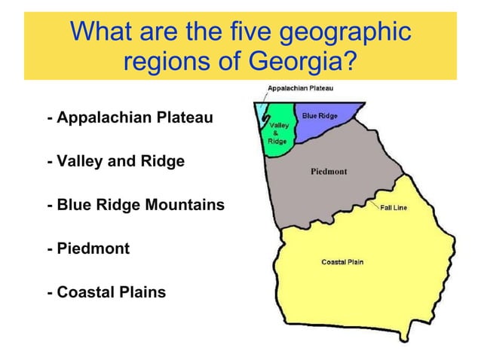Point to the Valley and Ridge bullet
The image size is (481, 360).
(115, 161)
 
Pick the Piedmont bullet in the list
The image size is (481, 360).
(87, 248)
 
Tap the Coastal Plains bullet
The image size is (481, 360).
(106, 291)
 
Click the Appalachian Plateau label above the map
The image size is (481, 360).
(301, 88)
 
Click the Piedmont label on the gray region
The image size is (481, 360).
(329, 172)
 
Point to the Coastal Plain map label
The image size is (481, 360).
(343, 262)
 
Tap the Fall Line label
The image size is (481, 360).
(394, 208)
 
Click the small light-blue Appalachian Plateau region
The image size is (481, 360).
(260, 111)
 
